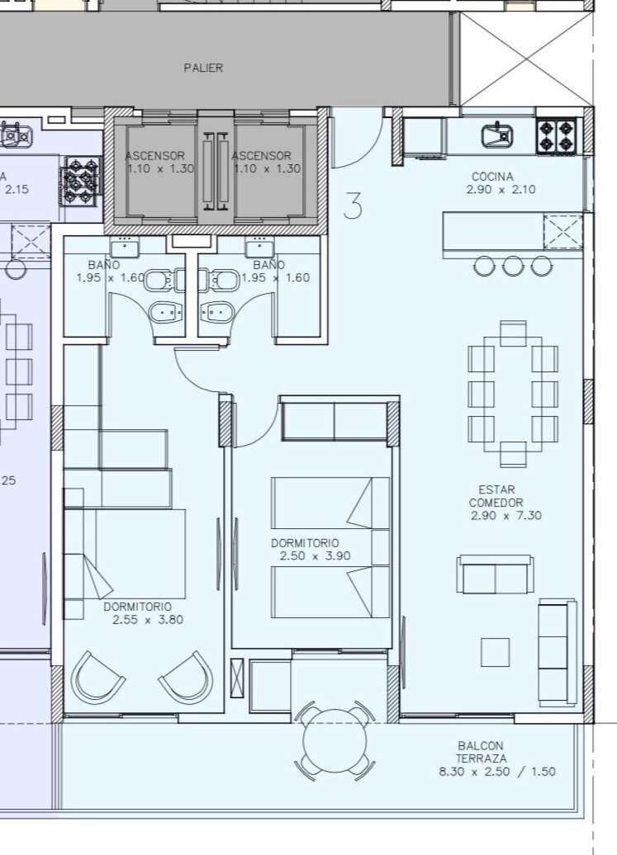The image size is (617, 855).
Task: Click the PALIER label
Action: (x=203, y=68)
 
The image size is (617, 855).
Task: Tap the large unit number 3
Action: (x=353, y=205)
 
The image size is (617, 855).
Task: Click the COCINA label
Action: (x=492, y=177)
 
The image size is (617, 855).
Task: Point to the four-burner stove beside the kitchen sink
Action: (x=557, y=136)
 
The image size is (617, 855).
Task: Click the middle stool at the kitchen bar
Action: (x=513, y=266)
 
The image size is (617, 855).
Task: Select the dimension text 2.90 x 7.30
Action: (x=505, y=515)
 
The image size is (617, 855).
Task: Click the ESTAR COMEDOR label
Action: (x=496, y=496)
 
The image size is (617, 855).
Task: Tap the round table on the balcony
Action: (x=335, y=740)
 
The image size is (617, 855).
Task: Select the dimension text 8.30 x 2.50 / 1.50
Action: (x=497, y=772)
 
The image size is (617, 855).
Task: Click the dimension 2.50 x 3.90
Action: (x=315, y=556)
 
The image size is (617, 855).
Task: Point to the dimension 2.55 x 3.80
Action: (x=148, y=620)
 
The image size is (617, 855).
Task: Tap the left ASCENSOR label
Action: (x=155, y=156)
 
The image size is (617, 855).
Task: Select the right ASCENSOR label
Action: (x=261, y=156)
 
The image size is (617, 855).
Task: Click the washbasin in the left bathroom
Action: (x=125, y=248)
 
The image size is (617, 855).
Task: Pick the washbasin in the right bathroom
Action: (x=260, y=248)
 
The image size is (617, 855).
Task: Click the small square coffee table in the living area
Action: (x=496, y=652)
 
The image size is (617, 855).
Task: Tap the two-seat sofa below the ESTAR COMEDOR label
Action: (x=495, y=575)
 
